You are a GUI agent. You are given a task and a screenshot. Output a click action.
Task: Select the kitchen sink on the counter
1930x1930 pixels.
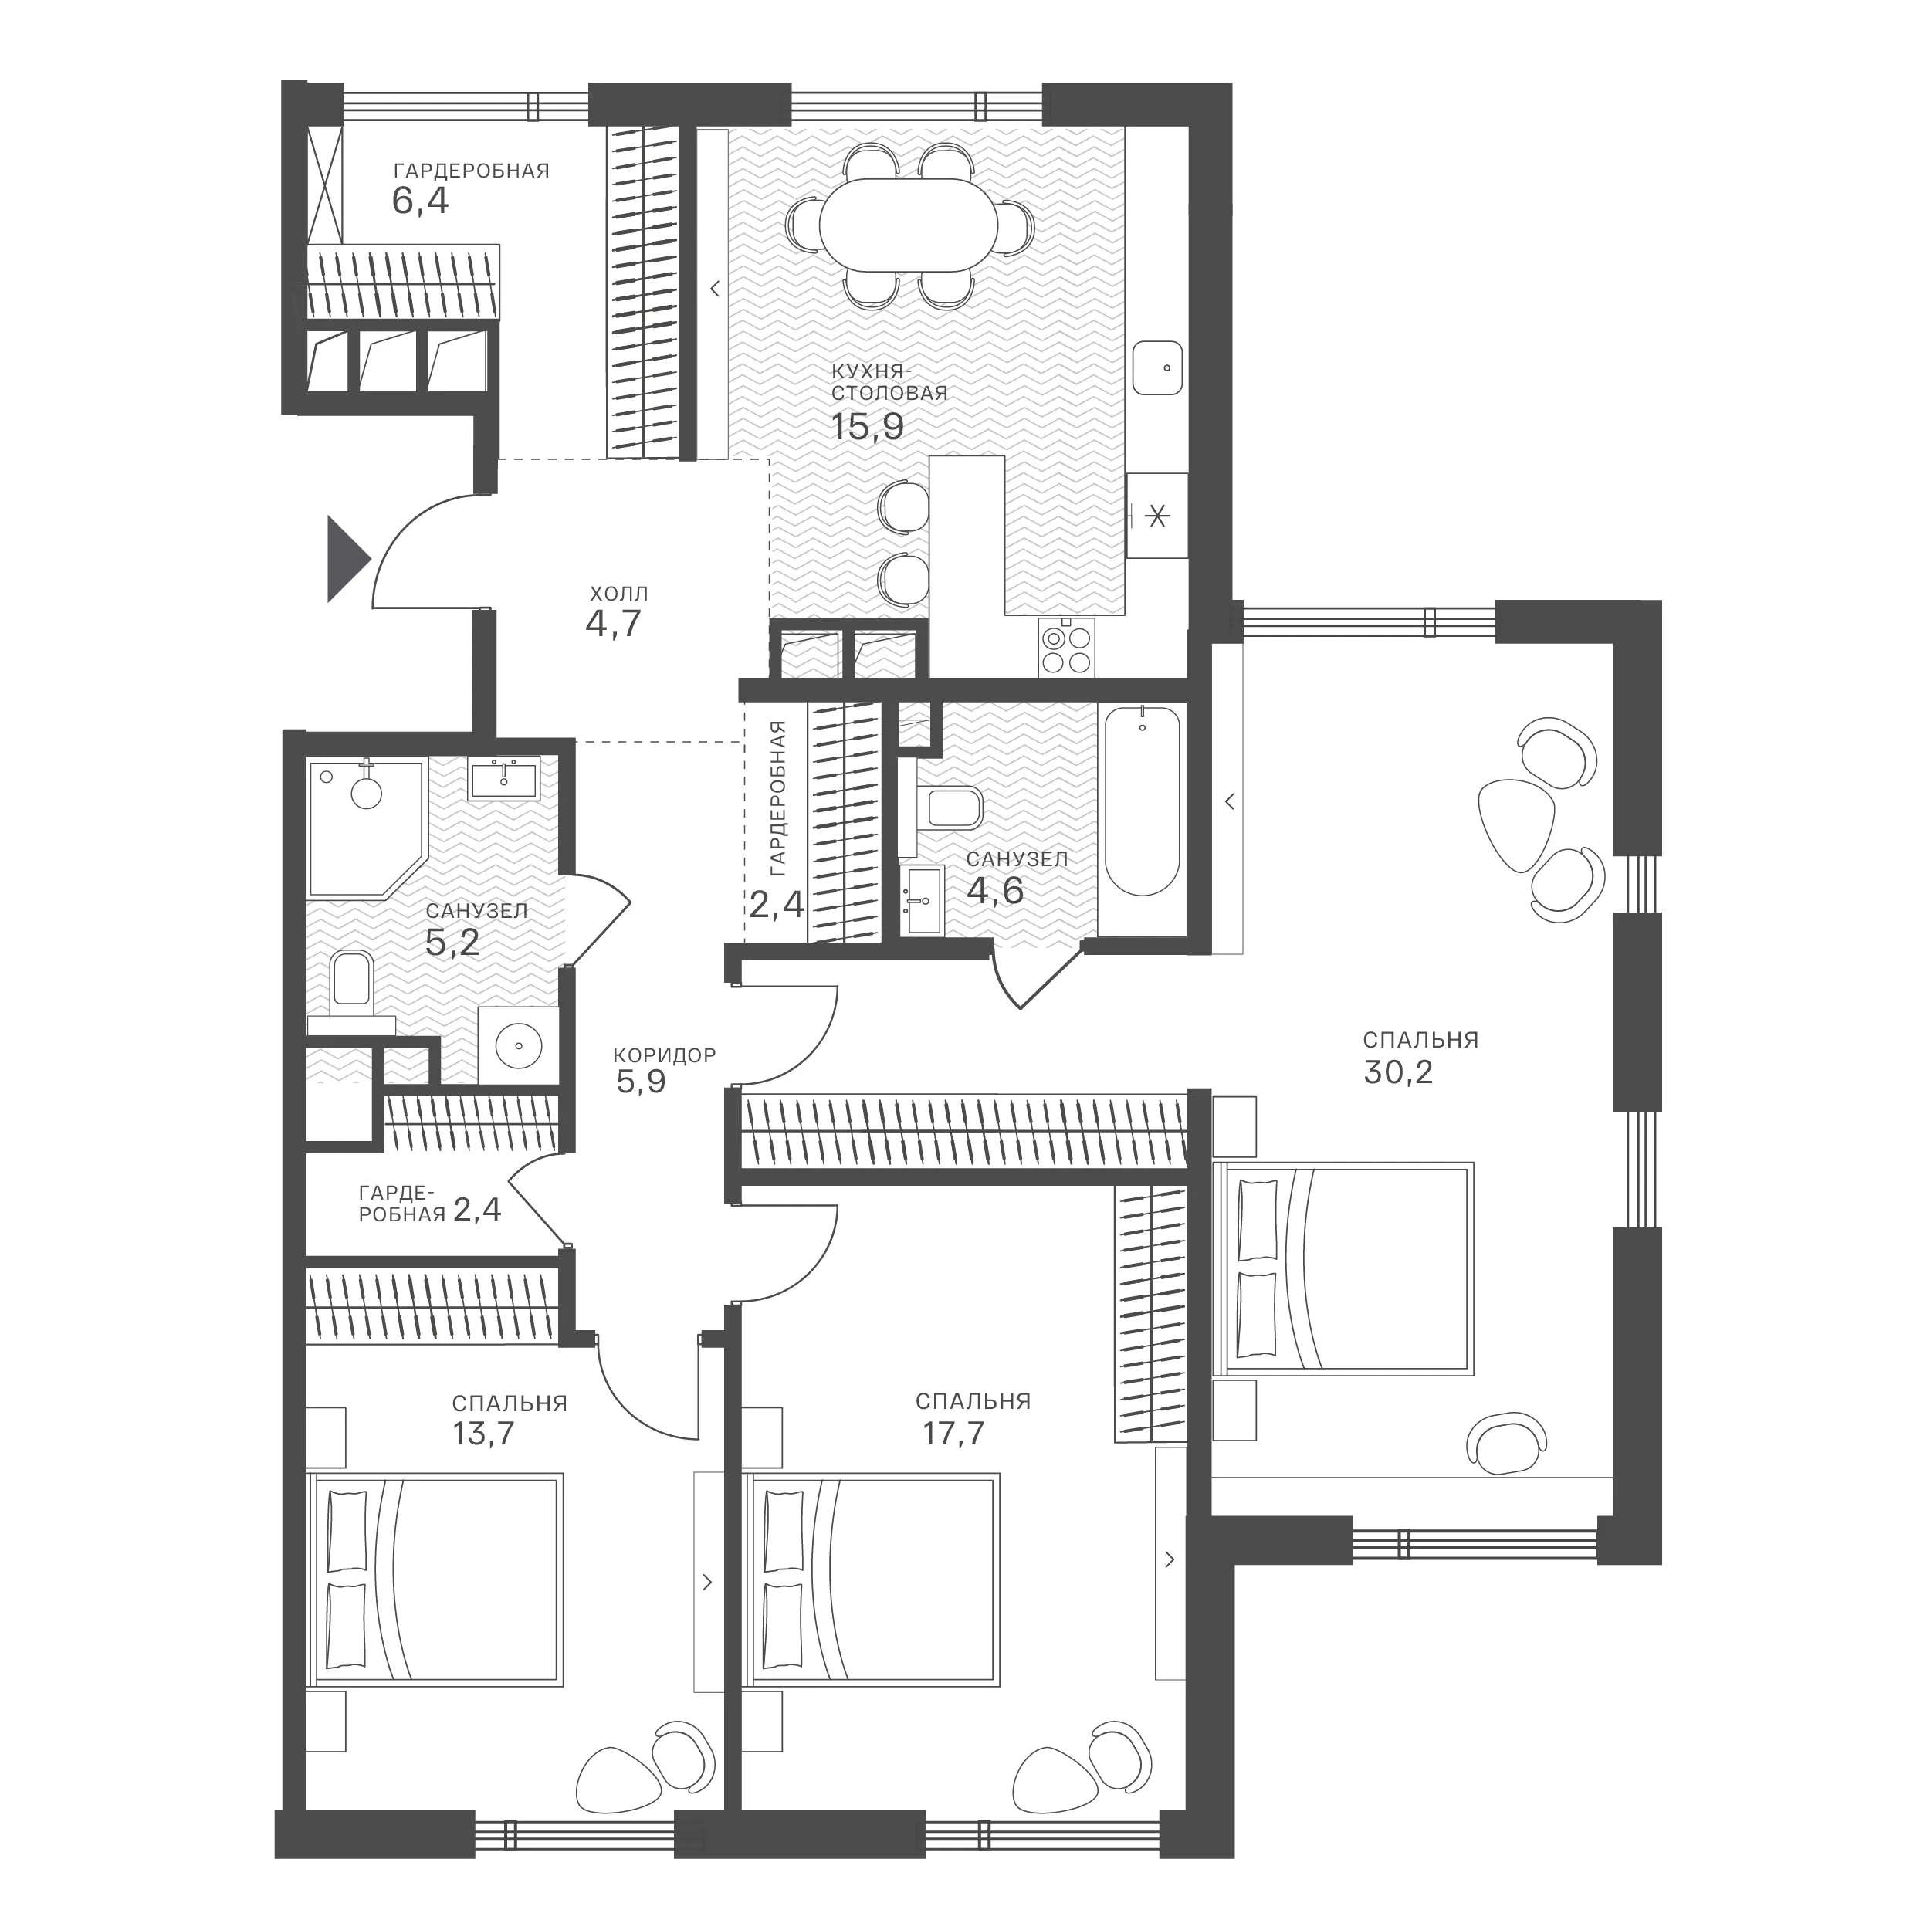click(x=1158, y=367)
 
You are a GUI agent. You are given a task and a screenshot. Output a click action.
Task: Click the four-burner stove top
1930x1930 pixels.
click(x=1067, y=648)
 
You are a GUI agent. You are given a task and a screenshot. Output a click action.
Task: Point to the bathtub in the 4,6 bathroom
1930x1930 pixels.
click(x=1142, y=801)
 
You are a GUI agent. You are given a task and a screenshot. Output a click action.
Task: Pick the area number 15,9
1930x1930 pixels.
click(x=867, y=427)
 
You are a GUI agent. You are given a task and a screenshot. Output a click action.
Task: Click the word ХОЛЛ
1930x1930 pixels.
click(x=619, y=594)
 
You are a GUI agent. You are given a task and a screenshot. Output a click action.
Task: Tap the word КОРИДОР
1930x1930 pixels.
click(x=665, y=1055)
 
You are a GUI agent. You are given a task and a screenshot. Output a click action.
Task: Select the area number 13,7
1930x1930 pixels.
click(x=483, y=1434)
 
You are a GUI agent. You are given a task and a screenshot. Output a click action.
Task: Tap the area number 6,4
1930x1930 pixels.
click(x=421, y=201)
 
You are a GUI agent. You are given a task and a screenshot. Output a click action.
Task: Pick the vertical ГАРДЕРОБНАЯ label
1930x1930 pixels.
click(x=779, y=792)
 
